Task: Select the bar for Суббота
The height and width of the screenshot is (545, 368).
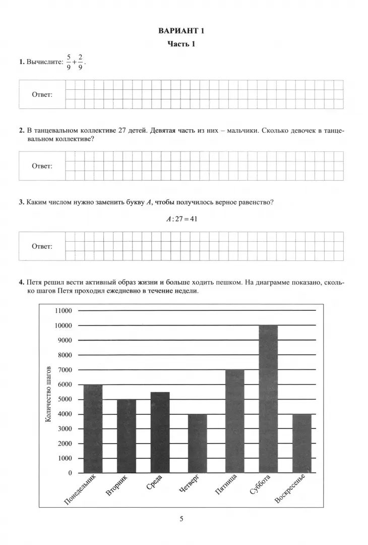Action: (x=268, y=399)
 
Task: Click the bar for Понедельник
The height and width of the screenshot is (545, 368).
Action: (x=93, y=428)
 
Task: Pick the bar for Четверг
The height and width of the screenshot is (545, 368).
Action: (x=198, y=443)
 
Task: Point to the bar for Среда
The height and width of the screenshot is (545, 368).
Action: (x=160, y=432)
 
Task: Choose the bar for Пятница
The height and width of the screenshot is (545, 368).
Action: (x=235, y=421)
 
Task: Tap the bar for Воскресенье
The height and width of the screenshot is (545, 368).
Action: (x=302, y=443)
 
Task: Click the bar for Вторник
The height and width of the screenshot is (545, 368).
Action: (x=127, y=435)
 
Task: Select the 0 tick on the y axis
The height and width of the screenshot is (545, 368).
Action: (x=70, y=473)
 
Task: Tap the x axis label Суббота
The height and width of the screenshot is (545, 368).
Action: (x=261, y=486)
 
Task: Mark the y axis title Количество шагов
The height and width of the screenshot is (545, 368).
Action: (x=49, y=393)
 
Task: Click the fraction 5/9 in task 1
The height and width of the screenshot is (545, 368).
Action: (x=69, y=63)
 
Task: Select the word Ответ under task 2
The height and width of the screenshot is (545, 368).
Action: (x=42, y=166)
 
